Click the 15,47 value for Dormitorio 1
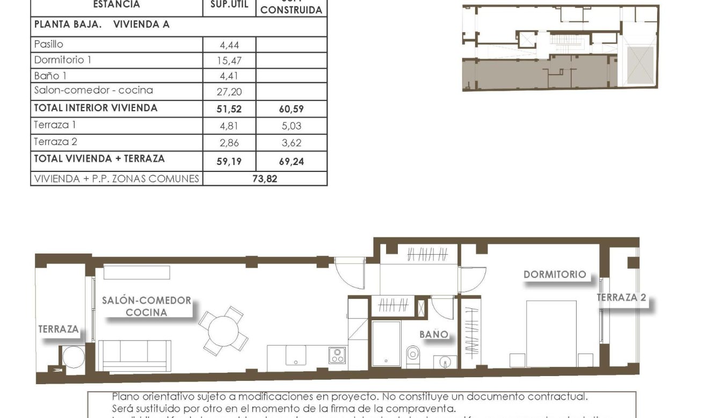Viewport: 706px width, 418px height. [229, 61]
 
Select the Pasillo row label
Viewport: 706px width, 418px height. [49, 45]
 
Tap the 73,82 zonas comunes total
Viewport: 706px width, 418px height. [265, 179]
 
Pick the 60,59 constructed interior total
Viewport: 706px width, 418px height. [292, 109]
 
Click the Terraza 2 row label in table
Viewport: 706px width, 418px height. [52, 142]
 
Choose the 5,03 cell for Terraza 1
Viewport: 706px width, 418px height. [292, 126]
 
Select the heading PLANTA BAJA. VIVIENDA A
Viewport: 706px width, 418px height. [101, 25]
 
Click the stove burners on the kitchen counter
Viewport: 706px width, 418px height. [337, 355]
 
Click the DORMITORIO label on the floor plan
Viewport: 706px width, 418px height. [555, 275]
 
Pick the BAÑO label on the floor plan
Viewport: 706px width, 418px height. [433, 334]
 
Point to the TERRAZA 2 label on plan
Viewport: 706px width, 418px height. [621, 298]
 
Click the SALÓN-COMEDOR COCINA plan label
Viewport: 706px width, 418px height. [146, 306]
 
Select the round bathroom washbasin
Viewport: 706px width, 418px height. [445, 362]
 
